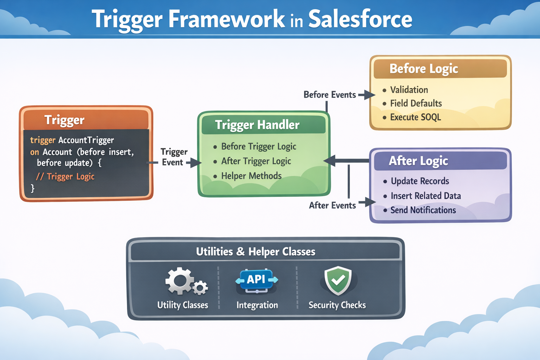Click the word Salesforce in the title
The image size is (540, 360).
click(x=360, y=19)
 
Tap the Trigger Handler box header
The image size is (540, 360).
click(x=257, y=125)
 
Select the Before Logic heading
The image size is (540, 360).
click(x=424, y=69)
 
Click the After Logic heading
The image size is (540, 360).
click(x=418, y=161)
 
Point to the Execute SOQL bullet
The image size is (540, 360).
click(x=415, y=117)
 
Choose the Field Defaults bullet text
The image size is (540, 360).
click(x=416, y=103)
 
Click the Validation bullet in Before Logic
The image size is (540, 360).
click(x=409, y=90)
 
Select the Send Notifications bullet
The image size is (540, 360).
click(x=423, y=210)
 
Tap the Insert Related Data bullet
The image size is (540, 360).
click(x=425, y=196)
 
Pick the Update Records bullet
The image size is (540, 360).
click(x=420, y=181)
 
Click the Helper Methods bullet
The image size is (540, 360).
click(x=251, y=176)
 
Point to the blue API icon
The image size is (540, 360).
click(x=256, y=280)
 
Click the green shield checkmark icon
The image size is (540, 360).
click(x=338, y=280)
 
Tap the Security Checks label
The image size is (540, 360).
click(x=337, y=305)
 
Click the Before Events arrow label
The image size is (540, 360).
click(x=329, y=95)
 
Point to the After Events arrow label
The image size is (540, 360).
click(x=332, y=205)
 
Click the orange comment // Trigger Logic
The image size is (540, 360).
click(x=65, y=176)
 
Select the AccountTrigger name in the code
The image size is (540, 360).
click(x=86, y=140)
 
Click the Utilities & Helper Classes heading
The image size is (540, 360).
click(x=256, y=252)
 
